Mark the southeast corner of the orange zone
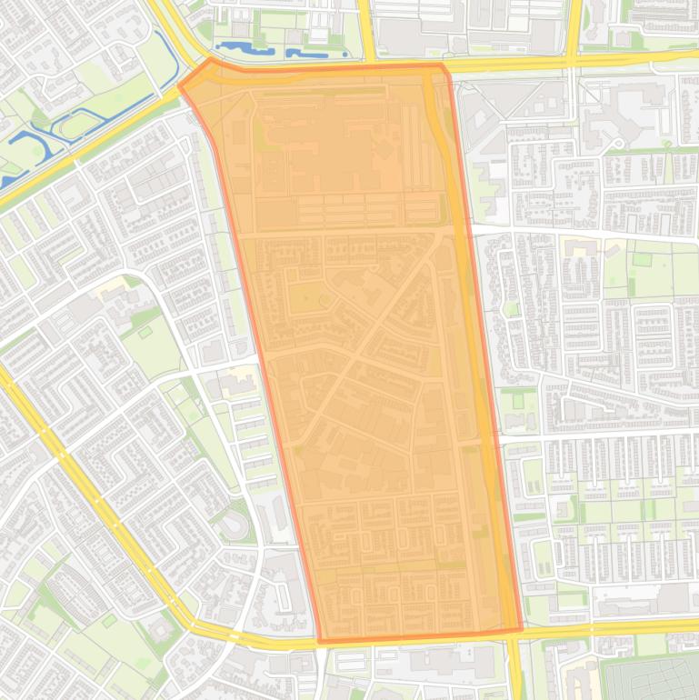click(522, 629)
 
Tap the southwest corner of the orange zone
click(320, 642)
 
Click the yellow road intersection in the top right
click(573, 62)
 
